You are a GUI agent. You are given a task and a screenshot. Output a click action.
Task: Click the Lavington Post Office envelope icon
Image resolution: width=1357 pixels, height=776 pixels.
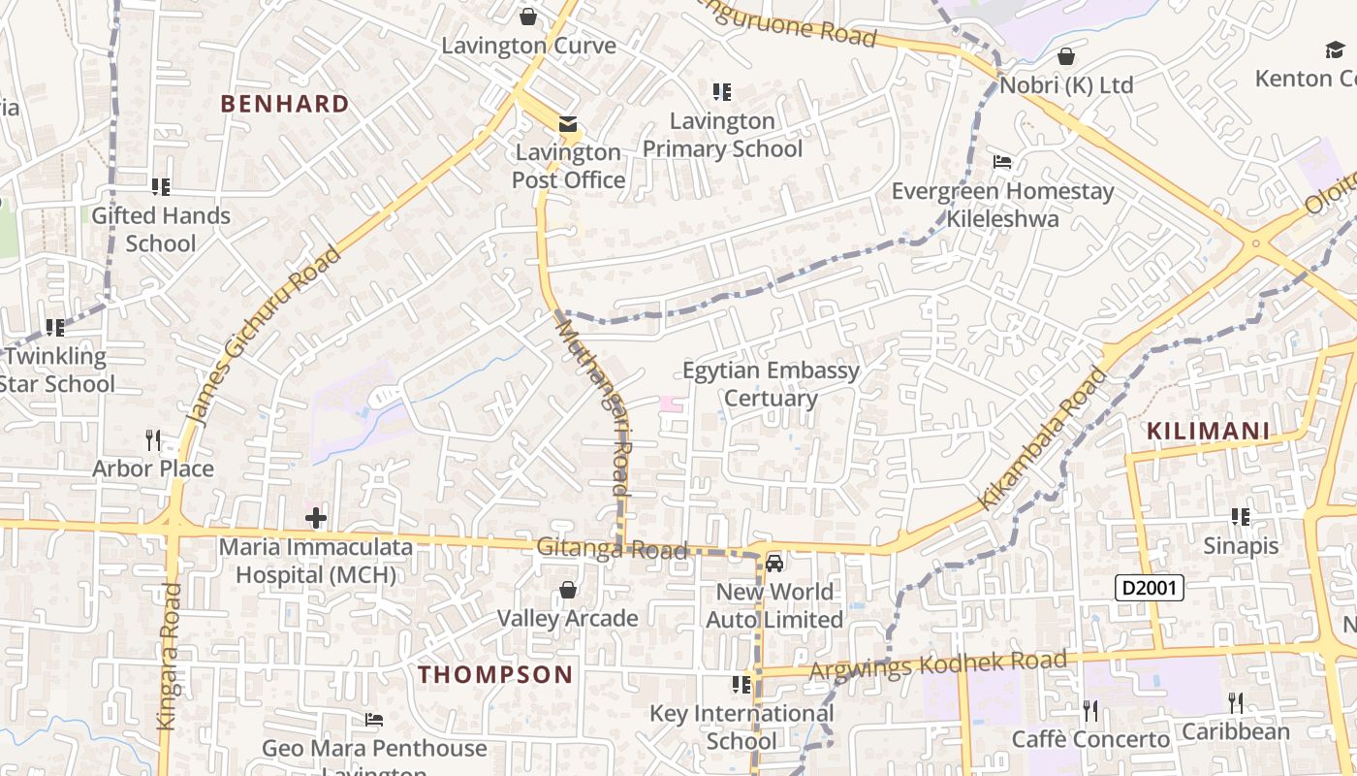coord(568,124)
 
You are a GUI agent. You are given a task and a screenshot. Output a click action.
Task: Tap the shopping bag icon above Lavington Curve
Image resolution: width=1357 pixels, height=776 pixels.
coord(528,16)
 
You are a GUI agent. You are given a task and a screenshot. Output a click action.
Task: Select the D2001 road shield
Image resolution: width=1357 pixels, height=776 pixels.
coord(1149,587)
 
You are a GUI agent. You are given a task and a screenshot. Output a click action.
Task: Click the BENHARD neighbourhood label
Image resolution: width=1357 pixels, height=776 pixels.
coord(285,104)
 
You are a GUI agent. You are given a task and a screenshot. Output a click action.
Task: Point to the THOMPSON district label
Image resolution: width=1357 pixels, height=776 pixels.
coord(495,675)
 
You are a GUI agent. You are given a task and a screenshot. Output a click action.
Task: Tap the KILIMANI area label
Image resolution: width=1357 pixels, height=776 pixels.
coord(1208,432)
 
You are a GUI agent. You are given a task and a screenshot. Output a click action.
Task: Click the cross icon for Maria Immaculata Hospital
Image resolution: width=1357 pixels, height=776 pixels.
coord(315,517)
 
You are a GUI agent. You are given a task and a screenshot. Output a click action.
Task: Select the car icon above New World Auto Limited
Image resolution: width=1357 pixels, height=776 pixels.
coord(773,563)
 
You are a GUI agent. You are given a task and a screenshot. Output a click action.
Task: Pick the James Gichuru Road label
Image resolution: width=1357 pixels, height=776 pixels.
coord(264,336)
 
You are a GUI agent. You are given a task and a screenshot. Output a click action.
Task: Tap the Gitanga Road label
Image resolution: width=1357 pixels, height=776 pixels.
coord(612,549)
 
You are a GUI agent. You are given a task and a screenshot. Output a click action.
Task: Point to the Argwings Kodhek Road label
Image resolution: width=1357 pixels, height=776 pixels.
coord(937,665)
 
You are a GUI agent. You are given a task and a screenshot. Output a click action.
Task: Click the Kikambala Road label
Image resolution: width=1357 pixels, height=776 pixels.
coord(1041,437)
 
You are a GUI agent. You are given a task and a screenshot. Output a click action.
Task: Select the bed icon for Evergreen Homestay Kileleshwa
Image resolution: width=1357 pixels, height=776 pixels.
coord(1002,162)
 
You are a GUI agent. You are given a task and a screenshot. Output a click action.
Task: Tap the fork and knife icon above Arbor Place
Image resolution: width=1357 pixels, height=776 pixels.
coord(153,440)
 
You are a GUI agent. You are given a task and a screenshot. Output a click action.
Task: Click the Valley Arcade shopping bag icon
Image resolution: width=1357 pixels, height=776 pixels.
coord(568,590)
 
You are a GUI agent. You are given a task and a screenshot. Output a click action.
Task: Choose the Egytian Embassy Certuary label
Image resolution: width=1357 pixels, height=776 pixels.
coord(771,384)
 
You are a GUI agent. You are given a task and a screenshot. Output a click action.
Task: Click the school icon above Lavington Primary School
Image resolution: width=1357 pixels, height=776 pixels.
coord(722,92)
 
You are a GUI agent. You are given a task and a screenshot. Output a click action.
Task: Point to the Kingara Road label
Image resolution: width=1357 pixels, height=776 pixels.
coord(168,656)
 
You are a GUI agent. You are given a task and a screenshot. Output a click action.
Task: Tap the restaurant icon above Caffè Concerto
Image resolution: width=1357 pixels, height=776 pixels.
coord(1090,711)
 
